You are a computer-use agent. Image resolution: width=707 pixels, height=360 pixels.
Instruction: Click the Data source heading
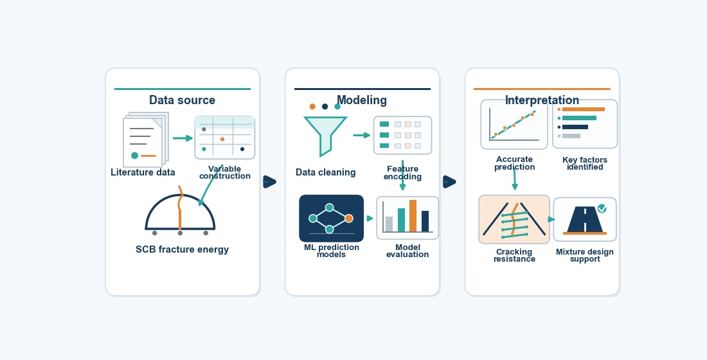182,100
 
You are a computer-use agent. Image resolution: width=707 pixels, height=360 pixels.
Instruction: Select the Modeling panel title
362,100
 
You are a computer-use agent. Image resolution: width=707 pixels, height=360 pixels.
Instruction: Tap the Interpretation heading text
542,100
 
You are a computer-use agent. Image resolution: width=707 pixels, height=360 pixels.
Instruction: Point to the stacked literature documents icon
146,140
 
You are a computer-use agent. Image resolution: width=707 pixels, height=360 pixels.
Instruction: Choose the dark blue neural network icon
332,219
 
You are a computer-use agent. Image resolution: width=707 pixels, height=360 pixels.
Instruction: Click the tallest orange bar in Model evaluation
413,216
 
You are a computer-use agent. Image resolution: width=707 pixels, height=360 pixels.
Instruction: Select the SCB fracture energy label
182,249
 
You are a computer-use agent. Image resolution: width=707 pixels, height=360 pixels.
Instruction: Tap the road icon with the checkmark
585,220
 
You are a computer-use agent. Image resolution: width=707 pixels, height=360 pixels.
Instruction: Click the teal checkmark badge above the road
602,208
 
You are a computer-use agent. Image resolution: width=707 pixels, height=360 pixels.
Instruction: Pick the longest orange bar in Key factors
584,109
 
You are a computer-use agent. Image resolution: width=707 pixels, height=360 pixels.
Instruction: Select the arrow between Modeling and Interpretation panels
449,182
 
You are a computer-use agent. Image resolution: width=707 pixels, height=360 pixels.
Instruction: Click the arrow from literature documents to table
183,138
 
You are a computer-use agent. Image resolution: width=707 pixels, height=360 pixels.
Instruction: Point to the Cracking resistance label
514,255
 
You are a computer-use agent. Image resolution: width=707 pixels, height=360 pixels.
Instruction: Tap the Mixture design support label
585,255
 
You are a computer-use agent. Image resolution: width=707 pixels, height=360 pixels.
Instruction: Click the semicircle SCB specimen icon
180,212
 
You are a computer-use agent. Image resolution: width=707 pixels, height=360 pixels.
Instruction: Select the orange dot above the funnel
312,107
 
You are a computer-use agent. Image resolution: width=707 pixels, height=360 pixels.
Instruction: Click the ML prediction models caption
332,251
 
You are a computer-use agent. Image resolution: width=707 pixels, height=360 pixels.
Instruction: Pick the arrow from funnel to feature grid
362,135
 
